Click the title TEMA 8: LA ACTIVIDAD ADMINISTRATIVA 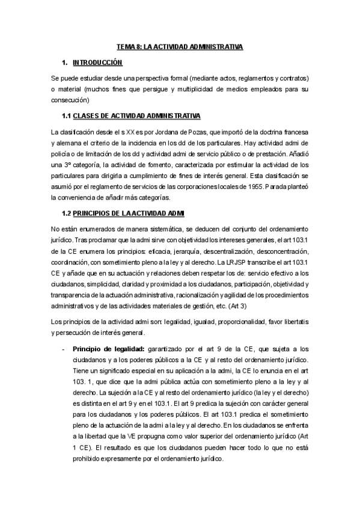pyautogui.click(x=179, y=46)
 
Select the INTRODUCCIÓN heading pyautogui.click(x=97, y=63)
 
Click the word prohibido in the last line pyautogui.click(x=90, y=458)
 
